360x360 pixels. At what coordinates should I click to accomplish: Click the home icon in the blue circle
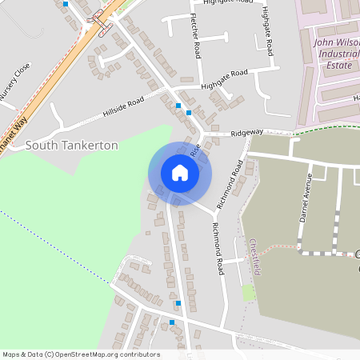(x=179, y=173)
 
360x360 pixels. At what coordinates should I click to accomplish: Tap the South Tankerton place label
(x=72, y=145)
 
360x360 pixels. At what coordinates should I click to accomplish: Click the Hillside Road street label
(x=123, y=107)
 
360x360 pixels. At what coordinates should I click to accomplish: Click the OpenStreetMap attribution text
(x=81, y=354)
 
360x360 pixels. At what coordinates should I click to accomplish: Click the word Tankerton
(x=89, y=145)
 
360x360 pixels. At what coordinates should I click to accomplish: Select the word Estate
(x=333, y=69)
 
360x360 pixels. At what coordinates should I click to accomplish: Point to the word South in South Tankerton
(x=41, y=145)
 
